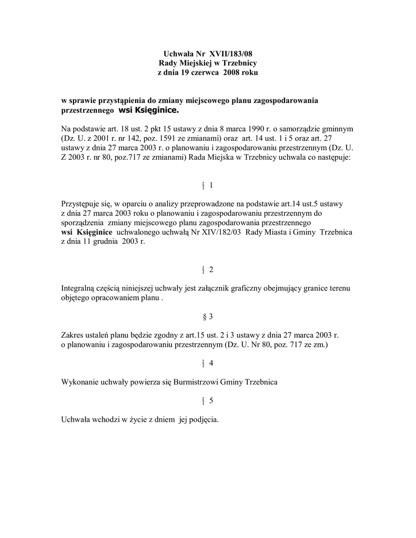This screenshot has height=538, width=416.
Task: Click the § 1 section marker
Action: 208,185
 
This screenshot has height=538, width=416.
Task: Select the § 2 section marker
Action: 208,270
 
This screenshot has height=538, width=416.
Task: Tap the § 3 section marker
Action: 208,316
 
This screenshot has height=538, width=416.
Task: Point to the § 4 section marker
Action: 208,363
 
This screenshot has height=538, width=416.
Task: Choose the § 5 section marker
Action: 208,400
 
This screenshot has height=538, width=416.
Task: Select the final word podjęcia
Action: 203,419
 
